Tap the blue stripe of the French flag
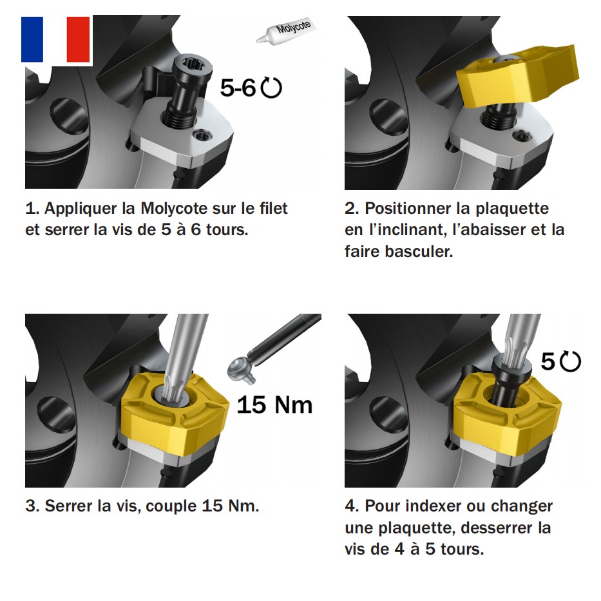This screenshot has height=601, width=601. (x=32, y=39)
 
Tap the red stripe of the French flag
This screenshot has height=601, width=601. (x=78, y=39)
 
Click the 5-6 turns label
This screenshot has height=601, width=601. (x=238, y=88)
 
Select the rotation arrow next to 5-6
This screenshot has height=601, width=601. (x=271, y=88)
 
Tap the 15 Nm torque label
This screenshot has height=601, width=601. (x=275, y=405)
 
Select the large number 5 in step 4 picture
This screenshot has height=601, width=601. (x=548, y=361)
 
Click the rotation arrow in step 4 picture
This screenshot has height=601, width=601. (x=570, y=361)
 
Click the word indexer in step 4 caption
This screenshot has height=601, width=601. (x=434, y=506)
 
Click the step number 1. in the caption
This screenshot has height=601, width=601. (x=32, y=209)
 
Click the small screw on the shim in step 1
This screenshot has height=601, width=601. (x=202, y=135)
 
